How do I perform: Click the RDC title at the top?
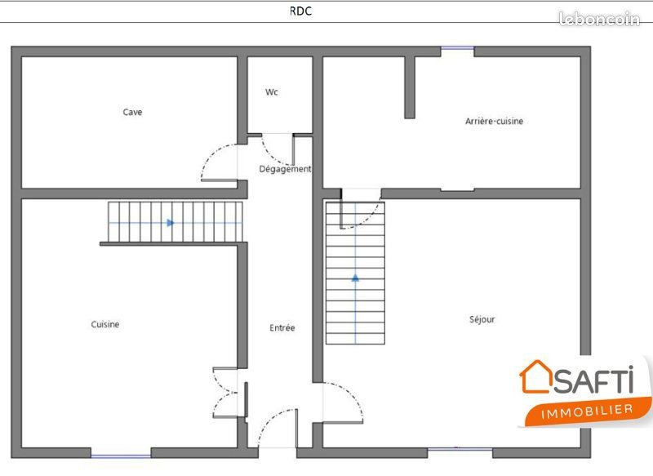(300, 11)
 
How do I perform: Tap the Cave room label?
(132, 112)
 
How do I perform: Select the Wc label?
(272, 92)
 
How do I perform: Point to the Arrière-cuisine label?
(494, 121)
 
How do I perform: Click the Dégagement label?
(285, 169)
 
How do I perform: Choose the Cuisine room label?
(105, 324)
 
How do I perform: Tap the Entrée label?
(282, 327)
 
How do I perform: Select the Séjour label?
(482, 319)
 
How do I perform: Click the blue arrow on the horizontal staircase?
(171, 223)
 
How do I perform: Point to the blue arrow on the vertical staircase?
(355, 278)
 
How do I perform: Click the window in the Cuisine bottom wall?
(121, 456)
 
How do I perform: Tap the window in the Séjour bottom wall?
(460, 449)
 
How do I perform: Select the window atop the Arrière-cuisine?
(457, 48)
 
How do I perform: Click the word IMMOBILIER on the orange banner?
(587, 411)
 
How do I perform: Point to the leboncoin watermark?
(599, 19)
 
